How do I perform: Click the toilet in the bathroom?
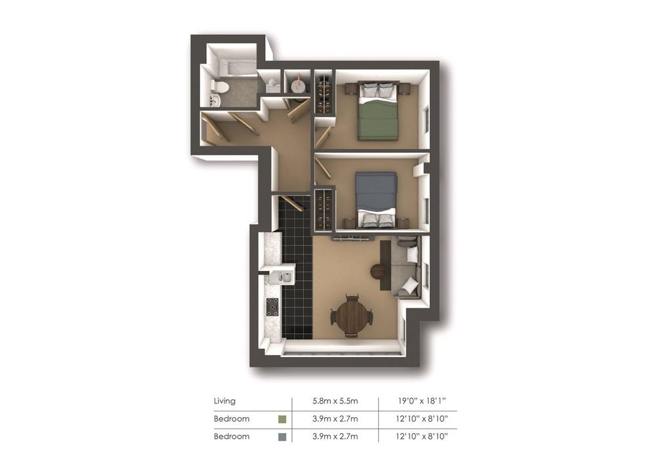click(221, 86)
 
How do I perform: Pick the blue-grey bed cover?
click(377, 191)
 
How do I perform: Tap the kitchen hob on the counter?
click(272, 307)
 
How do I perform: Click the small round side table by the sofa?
click(379, 272)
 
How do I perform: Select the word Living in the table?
click(224, 401)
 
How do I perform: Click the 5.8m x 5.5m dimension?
click(335, 402)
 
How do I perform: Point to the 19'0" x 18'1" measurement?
click(422, 401)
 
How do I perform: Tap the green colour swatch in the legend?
click(282, 419)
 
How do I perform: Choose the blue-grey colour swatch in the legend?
click(282, 437)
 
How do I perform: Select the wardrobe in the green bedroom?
click(324, 93)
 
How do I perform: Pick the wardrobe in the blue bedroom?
click(324, 211)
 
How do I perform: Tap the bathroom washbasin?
click(215, 100)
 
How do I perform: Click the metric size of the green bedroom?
click(335, 419)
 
